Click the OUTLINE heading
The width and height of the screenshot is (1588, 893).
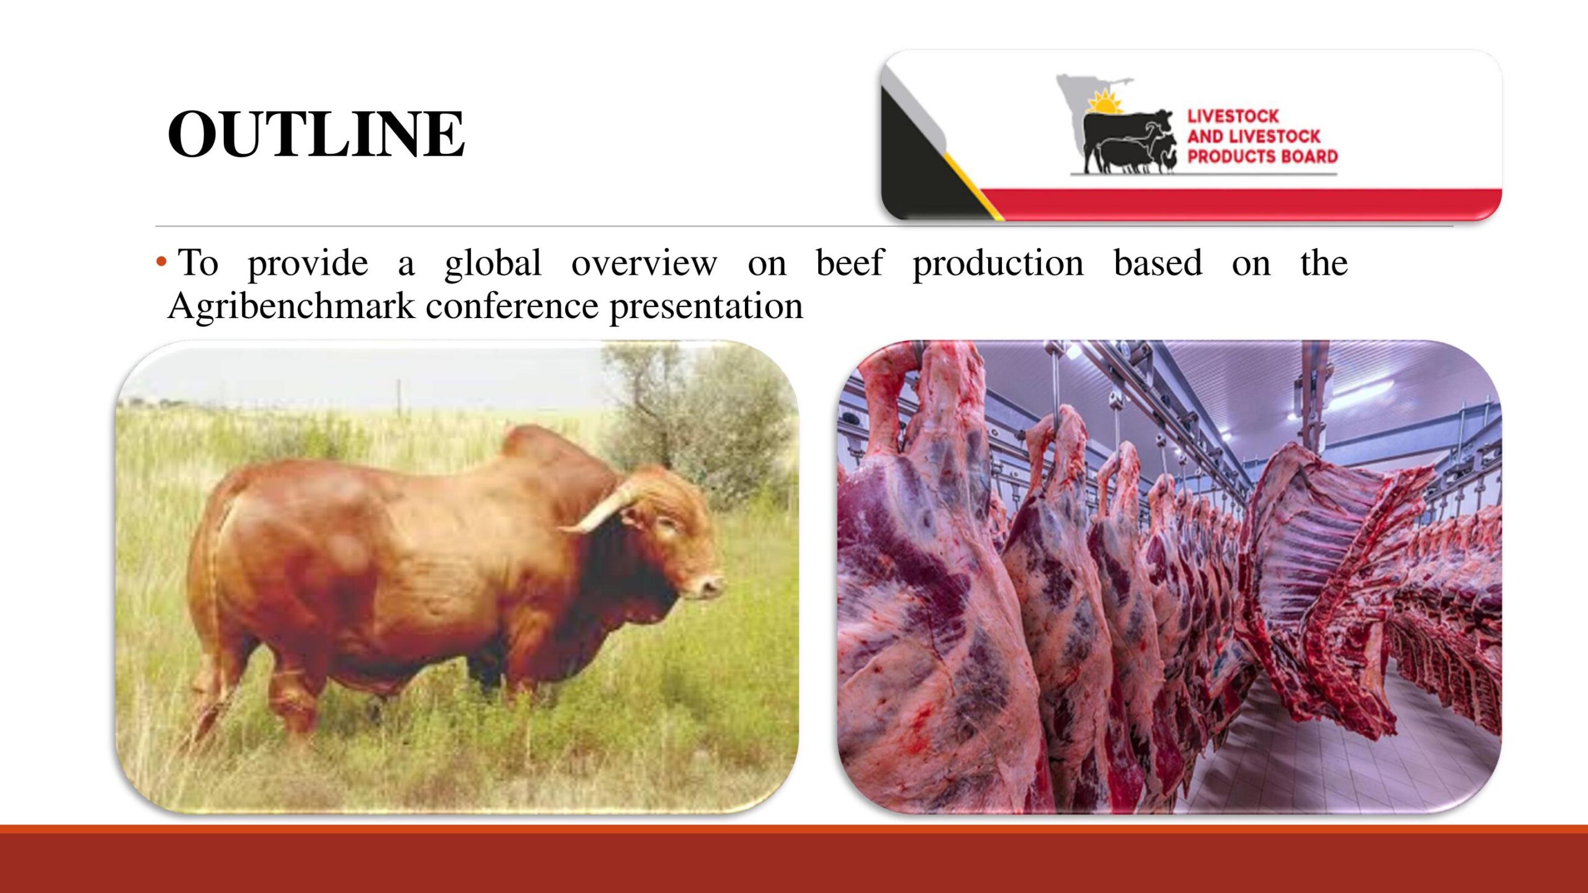(316, 133)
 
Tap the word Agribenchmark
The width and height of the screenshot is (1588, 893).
(291, 306)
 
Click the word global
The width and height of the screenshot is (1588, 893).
(493, 263)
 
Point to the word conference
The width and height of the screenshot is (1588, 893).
(512, 306)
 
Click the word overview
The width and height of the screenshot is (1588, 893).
(644, 264)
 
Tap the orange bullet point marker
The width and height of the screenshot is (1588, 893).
(161, 261)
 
